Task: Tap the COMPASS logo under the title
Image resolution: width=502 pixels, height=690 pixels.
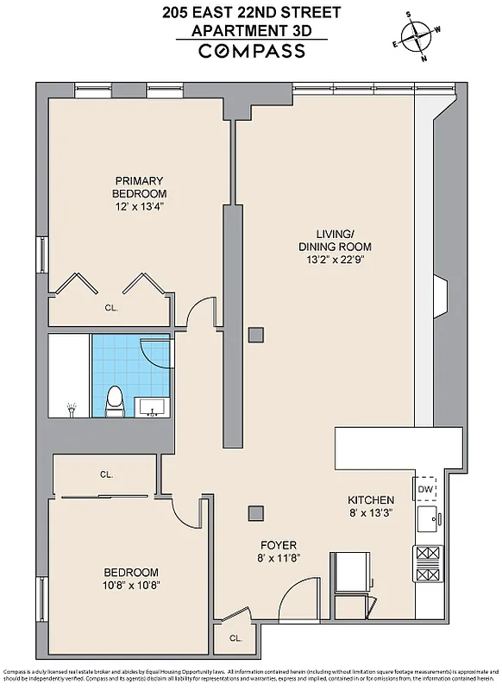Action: pos(251,51)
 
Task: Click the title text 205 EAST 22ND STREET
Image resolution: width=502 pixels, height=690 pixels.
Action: pos(251,11)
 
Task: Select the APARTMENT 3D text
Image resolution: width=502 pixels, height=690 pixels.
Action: pos(251,30)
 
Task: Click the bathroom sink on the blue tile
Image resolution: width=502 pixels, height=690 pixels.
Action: pos(155,408)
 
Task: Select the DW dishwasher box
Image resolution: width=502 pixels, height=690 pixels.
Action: pos(424,489)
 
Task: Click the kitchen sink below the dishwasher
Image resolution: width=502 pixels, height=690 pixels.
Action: pos(425,520)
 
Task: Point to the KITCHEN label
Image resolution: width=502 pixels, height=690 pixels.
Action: pos(371,500)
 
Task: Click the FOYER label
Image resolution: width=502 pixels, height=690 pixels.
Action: pos(279,545)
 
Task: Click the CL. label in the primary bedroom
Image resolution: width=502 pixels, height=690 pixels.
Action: pos(111,307)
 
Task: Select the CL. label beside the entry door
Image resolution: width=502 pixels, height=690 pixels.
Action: pos(235,639)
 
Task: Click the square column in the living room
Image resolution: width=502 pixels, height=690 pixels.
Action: pos(255,335)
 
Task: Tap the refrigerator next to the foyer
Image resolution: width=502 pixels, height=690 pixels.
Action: pos(353,572)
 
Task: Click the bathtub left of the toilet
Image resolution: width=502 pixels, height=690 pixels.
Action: pos(68,376)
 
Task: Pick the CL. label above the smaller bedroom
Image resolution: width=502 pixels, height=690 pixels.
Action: pos(106,474)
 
